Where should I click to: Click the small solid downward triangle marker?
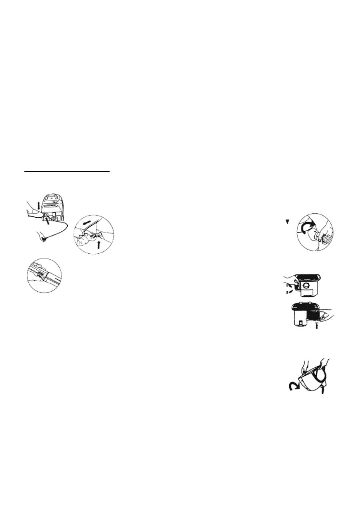click(287, 221)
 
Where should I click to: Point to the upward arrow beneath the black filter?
click(316, 325)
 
